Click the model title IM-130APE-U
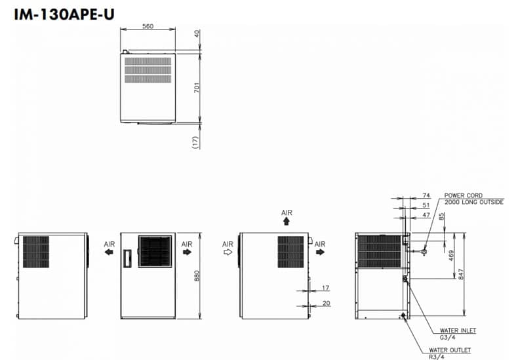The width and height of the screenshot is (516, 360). coord(64,14)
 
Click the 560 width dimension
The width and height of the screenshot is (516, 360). coord(148,26)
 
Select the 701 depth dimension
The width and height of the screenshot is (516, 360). coord(197,87)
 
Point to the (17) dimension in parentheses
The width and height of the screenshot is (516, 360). coord(196,142)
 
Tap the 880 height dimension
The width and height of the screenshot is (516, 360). coord(197,276)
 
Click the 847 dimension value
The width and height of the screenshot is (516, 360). coord(461,274)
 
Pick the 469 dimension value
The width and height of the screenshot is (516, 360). coord(451,255)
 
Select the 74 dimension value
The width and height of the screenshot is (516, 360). coord(426,195)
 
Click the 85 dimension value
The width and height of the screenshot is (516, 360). coord(442,216)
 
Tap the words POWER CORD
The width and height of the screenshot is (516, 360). coord(464,195)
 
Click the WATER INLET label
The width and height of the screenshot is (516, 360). coord(458,330)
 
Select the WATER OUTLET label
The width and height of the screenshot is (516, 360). coord(450,350)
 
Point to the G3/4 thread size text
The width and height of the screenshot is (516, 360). coord(448,337)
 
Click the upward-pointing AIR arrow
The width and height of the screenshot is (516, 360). coord(287,222)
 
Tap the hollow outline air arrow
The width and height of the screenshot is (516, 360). coord(228,252)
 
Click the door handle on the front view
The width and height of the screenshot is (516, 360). coord(127,258)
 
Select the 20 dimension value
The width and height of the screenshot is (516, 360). coord(326,303)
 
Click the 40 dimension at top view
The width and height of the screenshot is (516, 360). coord(197,33)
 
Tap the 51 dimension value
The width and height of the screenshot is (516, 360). coord(426,205)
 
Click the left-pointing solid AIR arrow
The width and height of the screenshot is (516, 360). coord(109,252)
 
